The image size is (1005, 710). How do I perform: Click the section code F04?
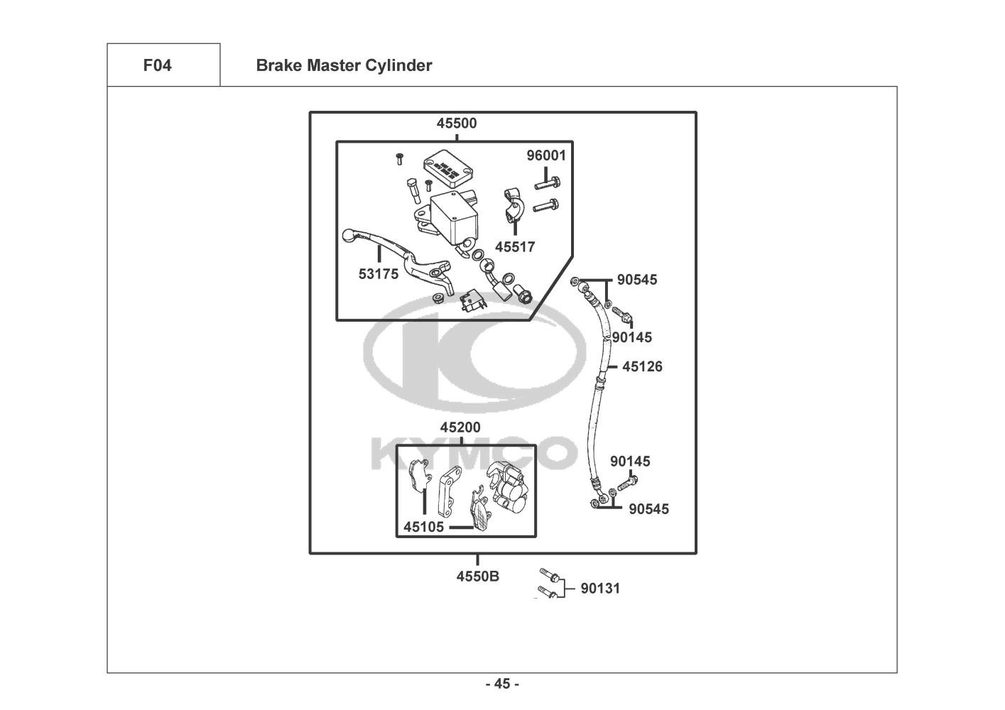[157, 66]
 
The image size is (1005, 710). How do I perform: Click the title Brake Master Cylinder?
[344, 66]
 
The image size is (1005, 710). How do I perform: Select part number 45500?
[457, 124]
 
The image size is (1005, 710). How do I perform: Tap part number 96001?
[546, 155]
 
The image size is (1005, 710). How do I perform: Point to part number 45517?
[515, 248]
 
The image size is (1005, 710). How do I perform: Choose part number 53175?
[379, 274]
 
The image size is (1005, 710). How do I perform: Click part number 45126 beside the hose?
[642, 367]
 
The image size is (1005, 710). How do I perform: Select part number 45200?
[460, 428]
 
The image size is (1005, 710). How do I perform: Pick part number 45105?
[424, 527]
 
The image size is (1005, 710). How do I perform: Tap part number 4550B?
[477, 577]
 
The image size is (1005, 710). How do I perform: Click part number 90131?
[600, 589]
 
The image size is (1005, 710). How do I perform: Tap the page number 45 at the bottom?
[502, 684]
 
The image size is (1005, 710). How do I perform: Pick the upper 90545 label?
[637, 280]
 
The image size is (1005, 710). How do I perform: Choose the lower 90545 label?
[648, 509]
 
